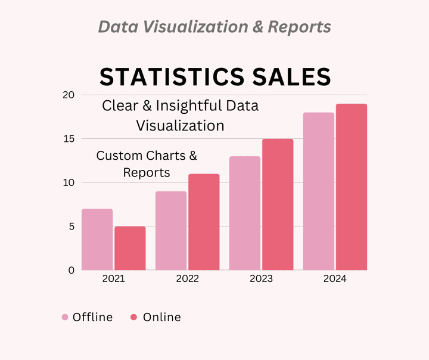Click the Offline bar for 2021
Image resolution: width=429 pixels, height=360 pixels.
(x=97, y=239)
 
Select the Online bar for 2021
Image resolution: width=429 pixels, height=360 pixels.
(x=130, y=248)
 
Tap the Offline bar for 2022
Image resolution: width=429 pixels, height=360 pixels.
(x=171, y=230)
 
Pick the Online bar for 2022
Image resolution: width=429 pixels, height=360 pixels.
(x=204, y=222)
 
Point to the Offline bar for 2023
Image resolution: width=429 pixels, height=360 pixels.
(x=245, y=213)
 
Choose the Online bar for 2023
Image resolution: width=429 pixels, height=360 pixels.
(x=278, y=204)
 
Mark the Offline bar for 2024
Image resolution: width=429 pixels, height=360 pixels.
(x=319, y=191)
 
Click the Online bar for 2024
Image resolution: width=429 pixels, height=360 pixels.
(x=352, y=187)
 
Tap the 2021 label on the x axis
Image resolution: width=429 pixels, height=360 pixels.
(x=113, y=279)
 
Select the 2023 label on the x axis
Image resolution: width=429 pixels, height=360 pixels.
(x=261, y=279)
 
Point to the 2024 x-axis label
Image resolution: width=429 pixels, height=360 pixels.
(x=335, y=279)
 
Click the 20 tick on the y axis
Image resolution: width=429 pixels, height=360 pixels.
(x=68, y=95)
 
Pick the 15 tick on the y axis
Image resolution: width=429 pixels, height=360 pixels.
(x=68, y=139)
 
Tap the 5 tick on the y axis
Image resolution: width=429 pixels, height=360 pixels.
(x=71, y=226)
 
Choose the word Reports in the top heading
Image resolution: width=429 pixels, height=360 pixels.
(x=300, y=27)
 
